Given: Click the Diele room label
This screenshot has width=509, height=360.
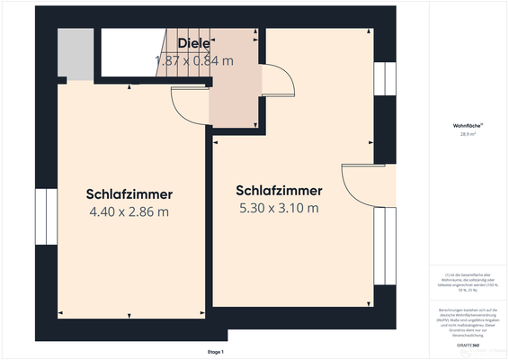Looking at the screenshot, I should [x=193, y=43].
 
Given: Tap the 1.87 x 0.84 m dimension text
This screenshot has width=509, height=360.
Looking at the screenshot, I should [x=193, y=60].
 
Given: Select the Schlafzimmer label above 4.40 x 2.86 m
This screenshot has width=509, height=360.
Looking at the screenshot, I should [x=129, y=194].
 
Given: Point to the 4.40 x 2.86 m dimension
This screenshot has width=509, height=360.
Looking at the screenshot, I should [x=129, y=212].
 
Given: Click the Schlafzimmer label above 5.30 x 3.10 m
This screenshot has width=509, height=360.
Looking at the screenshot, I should [x=279, y=191].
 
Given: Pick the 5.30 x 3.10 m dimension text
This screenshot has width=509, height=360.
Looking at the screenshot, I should [x=279, y=209].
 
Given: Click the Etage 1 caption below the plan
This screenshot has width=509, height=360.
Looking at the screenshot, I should [x=217, y=352].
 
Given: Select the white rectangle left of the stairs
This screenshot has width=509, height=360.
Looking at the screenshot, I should [x=126, y=53].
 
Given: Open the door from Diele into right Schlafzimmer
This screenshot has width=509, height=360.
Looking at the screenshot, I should [x=275, y=82].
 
